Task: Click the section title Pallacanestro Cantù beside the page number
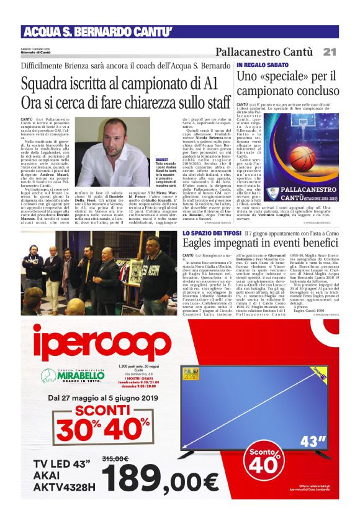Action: (268, 52)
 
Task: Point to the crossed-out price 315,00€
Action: (114, 458)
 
